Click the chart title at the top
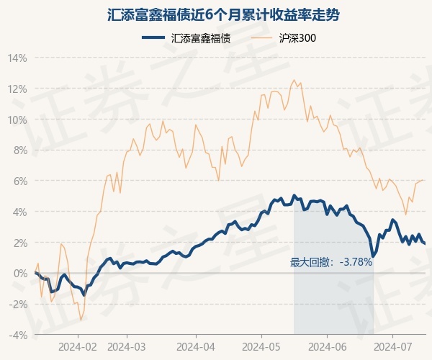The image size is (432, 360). [215, 14]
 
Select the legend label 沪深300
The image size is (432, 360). [297, 38]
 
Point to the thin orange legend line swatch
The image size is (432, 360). [264, 38]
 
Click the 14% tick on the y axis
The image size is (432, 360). [18, 58]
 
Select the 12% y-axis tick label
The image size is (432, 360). [18, 89]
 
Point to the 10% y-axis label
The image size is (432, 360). [18, 120]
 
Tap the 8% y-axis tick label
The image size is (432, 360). [19, 150]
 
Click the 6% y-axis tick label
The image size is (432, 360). [19, 181]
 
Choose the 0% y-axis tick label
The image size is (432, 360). [19, 274]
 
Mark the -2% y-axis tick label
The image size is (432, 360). [18, 305]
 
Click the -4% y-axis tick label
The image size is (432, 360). [18, 336]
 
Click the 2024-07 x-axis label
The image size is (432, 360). [392, 346]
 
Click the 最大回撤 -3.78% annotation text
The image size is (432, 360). [331, 262]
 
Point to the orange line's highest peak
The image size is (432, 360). [294, 80]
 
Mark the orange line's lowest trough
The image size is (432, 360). [81, 319]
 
